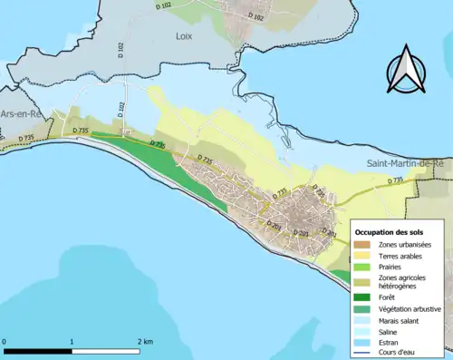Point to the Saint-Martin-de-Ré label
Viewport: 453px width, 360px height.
click(x=404, y=163)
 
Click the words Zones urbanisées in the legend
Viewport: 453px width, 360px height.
click(x=405, y=245)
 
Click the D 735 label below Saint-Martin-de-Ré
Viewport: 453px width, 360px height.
click(x=396, y=180)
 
